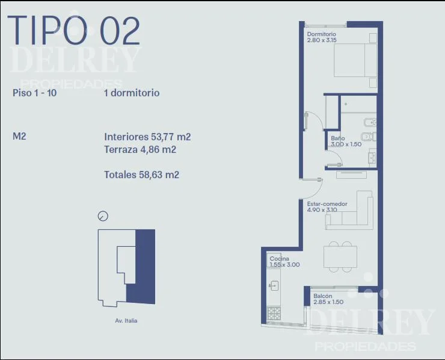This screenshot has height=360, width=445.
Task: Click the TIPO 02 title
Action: [74, 31]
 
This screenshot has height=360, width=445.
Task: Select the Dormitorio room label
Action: [321, 34]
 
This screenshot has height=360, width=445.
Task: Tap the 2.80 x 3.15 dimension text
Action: [322, 40]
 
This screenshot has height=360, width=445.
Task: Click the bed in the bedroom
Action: [355, 60]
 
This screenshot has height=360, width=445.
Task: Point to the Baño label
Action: [338, 138]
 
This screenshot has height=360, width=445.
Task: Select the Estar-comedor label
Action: [327, 203]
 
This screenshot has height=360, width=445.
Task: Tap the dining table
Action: [340, 257]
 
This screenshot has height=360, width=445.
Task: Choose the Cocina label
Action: [279, 259]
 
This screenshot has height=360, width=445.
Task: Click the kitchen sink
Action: [274, 285]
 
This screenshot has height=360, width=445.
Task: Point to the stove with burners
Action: [274, 314]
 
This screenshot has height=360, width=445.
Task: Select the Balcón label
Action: [323, 296]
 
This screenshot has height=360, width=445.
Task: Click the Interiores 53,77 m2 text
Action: [147, 137]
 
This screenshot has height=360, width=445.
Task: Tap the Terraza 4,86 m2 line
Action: [140, 149]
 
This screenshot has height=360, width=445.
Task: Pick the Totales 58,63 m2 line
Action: [141, 175]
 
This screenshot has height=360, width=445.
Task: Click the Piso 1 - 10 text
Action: [35, 93]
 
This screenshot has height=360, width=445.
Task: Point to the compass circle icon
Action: [103, 216]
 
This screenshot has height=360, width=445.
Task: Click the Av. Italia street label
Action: [126, 320]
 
